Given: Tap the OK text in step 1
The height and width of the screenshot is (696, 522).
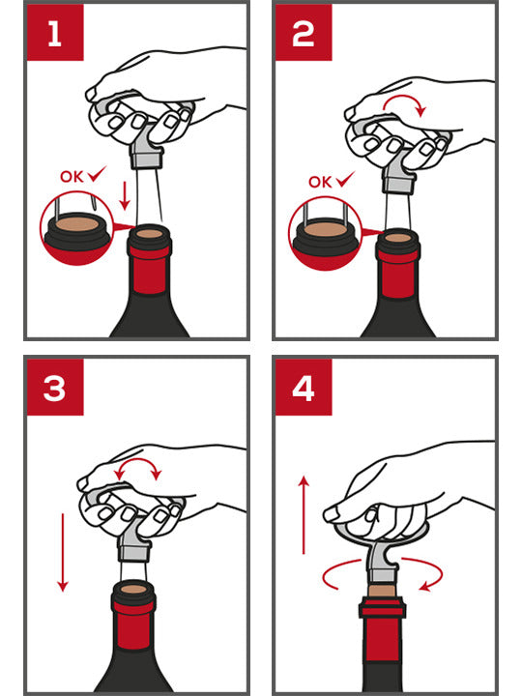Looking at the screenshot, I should pyautogui.click(x=72, y=177).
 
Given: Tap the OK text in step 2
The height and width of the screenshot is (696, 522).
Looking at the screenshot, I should pyautogui.click(x=321, y=182).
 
